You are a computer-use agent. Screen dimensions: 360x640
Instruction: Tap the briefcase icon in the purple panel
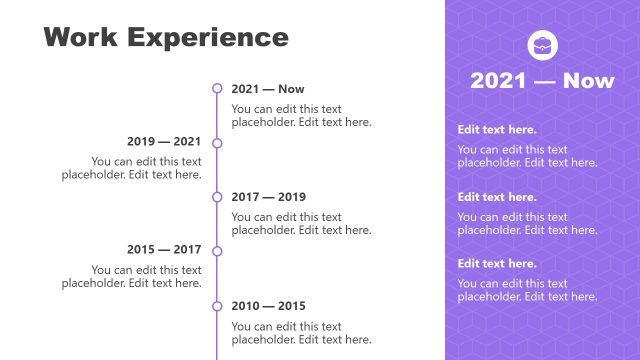coord(542,44)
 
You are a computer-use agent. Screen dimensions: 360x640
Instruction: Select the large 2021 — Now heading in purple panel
coord(542,81)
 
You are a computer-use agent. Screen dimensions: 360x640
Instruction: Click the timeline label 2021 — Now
coord(268,89)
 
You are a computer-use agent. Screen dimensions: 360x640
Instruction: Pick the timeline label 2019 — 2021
coord(164,142)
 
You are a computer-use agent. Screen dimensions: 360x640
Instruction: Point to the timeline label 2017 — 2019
coord(269,197)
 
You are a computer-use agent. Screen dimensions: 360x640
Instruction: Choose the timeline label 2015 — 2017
coord(164,250)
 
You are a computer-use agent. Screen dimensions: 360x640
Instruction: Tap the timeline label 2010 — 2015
coord(269,306)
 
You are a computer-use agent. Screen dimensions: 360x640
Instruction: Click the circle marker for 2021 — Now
coord(217,89)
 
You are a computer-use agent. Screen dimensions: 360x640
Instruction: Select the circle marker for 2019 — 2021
coord(217,143)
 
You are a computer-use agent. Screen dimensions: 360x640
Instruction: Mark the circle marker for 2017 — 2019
coord(217,197)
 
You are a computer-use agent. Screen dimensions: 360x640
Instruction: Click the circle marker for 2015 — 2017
coord(217,251)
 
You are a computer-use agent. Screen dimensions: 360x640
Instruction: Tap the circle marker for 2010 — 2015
coord(217,305)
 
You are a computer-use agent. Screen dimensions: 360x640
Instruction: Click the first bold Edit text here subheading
coord(497,130)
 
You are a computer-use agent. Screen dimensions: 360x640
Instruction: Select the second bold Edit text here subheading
coord(497,197)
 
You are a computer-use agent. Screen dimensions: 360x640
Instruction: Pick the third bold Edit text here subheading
coord(497,264)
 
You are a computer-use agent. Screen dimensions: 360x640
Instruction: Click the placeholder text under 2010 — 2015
coord(301,333)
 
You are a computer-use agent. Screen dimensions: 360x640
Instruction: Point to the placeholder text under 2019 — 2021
coord(132,168)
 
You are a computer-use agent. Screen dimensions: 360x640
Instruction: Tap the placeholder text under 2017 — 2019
coord(301,223)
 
